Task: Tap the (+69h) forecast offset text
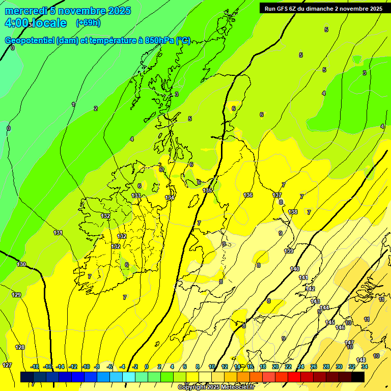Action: click(88, 23)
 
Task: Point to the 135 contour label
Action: click(207, 190)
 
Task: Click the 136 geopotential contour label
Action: click(248, 195)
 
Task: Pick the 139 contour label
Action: click(289, 251)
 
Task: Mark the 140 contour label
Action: click(295, 269)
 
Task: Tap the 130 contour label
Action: click(21, 264)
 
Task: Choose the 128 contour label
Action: click(20, 347)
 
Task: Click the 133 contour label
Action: click(136, 195)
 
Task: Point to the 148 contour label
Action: click(361, 360)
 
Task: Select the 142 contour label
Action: click(310, 289)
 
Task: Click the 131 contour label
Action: click(58, 233)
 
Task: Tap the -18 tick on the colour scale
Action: click(35, 367)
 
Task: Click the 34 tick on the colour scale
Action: click(365, 367)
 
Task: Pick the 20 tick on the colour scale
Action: click(275, 367)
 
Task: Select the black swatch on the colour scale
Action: click(358, 377)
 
